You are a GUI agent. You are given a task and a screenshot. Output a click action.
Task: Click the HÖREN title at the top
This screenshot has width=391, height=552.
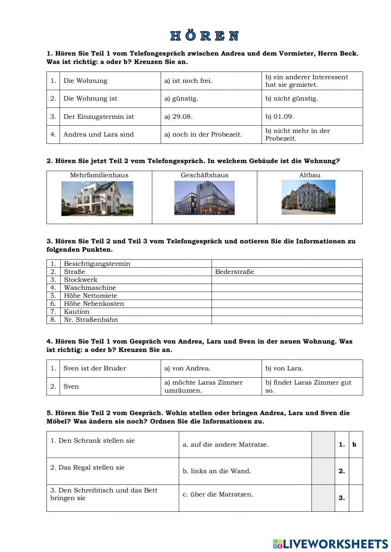click(x=204, y=36)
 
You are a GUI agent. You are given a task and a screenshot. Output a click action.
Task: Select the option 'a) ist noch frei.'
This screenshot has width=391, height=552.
click(x=188, y=81)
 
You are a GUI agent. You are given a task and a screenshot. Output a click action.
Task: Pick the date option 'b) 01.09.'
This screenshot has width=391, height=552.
click(x=279, y=116)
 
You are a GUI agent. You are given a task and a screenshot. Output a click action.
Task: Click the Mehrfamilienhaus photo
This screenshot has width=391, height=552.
click(x=97, y=198)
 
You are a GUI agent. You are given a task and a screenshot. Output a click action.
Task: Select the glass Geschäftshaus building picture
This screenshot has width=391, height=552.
click(x=204, y=198)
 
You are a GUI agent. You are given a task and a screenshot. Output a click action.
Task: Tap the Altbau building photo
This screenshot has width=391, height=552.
click(x=308, y=197)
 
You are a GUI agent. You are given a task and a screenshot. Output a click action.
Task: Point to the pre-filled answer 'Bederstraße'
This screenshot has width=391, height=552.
click(x=234, y=272)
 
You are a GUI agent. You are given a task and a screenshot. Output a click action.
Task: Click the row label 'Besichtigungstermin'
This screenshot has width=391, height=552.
click(x=97, y=264)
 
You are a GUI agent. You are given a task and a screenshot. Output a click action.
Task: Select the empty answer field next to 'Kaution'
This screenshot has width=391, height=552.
click(x=287, y=312)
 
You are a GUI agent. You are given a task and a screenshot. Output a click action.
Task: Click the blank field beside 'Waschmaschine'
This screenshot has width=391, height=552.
click(x=287, y=288)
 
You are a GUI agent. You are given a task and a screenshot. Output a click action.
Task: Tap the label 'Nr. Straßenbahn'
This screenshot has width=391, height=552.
click(x=91, y=320)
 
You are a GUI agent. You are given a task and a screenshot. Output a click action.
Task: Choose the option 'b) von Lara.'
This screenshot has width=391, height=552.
click(x=284, y=368)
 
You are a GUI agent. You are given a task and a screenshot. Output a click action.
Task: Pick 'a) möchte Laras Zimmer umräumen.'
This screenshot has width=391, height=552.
click(x=203, y=386)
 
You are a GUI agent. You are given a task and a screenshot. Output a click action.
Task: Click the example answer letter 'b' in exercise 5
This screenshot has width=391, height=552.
click(x=355, y=445)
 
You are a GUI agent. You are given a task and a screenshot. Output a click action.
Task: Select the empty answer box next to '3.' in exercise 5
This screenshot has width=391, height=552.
click(x=355, y=498)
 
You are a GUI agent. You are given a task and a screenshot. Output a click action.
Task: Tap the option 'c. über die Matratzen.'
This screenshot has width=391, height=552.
click(x=217, y=494)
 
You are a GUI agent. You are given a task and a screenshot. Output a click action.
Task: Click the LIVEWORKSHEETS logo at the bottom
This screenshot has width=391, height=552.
click(x=330, y=543)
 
